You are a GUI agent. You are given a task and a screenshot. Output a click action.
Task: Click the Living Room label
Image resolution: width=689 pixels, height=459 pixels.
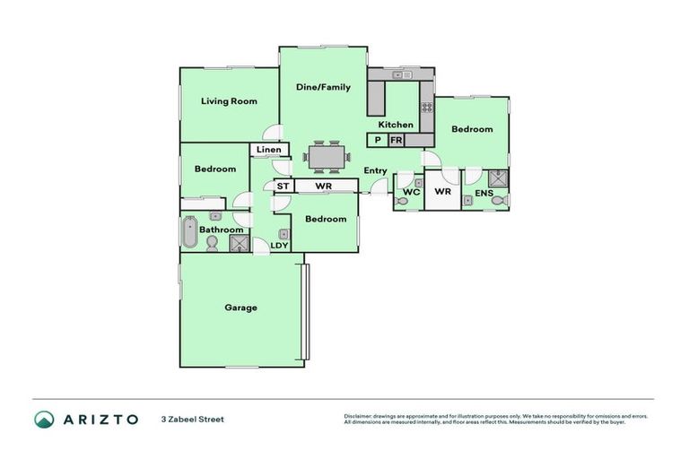click(x=228, y=101)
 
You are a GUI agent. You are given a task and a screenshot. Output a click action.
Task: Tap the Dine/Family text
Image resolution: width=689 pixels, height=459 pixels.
click(x=323, y=87)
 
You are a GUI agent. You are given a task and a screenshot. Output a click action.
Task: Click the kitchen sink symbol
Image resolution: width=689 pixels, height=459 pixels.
click(x=401, y=75)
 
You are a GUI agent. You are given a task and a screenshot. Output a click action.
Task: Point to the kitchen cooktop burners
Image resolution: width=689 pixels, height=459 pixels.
click(x=427, y=107)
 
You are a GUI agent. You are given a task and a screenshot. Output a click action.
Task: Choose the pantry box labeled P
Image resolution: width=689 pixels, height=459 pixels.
click(x=377, y=141)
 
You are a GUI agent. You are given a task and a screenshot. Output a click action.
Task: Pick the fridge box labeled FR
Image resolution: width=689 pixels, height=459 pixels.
click(x=396, y=141)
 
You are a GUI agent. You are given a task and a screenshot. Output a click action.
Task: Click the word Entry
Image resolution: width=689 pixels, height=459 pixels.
click(x=375, y=170)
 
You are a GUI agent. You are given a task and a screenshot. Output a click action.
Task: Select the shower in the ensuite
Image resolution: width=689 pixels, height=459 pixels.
click(x=498, y=177)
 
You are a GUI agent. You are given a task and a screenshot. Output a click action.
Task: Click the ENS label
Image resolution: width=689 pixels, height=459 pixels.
click(x=484, y=193)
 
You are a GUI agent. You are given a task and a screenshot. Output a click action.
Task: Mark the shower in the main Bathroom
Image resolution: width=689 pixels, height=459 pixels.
click(x=240, y=243)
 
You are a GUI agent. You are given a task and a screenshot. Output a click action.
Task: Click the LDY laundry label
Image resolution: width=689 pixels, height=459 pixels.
click(x=279, y=245)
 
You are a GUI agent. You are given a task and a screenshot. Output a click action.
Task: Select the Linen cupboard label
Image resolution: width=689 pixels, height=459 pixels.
click(x=269, y=150)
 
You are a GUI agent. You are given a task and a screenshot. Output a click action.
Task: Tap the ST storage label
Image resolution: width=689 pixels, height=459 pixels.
click(x=282, y=186)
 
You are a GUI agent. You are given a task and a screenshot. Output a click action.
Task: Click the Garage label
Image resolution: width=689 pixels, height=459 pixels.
click(x=240, y=307)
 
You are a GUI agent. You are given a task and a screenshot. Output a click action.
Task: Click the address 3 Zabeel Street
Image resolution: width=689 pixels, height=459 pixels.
click(x=192, y=419)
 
